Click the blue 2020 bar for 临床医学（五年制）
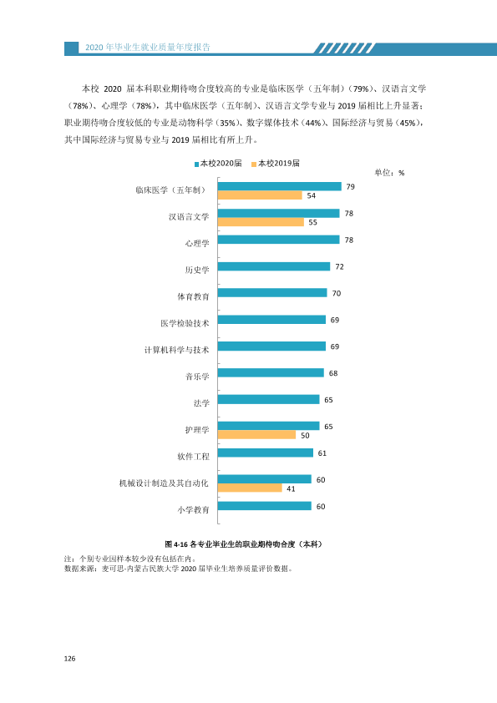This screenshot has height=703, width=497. [280, 186]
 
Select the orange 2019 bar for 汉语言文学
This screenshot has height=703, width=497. [261, 222]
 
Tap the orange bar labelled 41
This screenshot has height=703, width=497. [250, 488]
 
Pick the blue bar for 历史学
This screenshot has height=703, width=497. [274, 266]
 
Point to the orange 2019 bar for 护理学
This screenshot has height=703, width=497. [257, 435]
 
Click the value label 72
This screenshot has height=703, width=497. [340, 267]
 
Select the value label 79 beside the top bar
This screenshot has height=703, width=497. [350, 186]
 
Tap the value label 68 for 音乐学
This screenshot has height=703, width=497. [333, 373]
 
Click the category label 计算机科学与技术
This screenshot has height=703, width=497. [177, 350]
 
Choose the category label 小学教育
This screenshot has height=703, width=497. [193, 510]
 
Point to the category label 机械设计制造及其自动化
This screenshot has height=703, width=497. [164, 483]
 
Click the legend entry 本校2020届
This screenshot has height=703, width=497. [218, 163]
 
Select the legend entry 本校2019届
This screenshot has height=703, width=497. [276, 163]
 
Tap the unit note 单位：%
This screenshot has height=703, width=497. [389, 173]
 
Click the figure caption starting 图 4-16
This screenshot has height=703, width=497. [244, 544]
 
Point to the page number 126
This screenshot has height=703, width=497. [69, 659]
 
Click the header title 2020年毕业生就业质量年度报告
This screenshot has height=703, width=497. [148, 48]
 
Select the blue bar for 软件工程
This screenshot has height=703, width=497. [266, 453]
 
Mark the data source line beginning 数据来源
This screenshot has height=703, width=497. [179, 569]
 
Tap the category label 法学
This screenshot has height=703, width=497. [201, 403]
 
